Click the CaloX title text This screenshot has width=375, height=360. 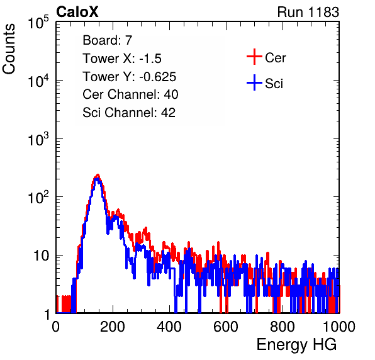tap(77, 12)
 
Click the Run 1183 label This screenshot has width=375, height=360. tap(308, 12)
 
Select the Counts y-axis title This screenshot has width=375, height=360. tap(9, 49)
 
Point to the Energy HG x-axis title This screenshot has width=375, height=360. tap(296, 344)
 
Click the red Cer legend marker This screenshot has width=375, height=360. tap(254, 57)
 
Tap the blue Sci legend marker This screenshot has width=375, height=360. tap(254, 82)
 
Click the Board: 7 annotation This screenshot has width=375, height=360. tap(107, 40)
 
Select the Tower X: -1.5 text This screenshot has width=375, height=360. tap(122, 59)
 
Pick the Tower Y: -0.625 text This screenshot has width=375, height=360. tap(129, 77)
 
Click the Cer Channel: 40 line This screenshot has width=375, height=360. tap(130, 94)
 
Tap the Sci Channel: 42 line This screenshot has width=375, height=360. tap(129, 113)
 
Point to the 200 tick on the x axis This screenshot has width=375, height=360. tap(113, 327)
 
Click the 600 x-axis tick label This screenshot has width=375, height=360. tap(226, 327)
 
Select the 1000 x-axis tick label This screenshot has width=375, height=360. tap(339, 327)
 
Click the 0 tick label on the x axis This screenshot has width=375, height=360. tap(56, 327)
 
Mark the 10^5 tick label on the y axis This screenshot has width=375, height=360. tap(38, 23)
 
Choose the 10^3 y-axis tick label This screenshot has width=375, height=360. tap(38, 139)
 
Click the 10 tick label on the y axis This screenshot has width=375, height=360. tap(42, 256)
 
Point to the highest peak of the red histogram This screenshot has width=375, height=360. tap(98, 175)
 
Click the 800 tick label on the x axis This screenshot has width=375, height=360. tap(283, 327)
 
